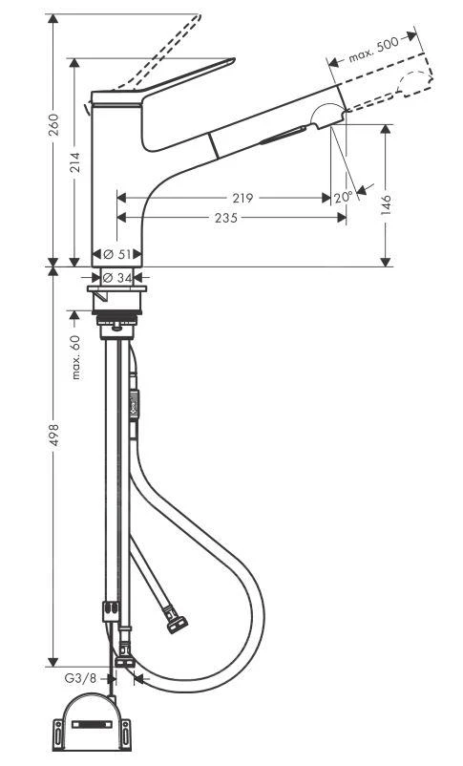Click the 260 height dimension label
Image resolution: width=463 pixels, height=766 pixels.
coord(54,124)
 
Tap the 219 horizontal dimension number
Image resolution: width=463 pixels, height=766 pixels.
coord(242,199)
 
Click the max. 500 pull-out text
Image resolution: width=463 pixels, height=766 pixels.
coord(373,49)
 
